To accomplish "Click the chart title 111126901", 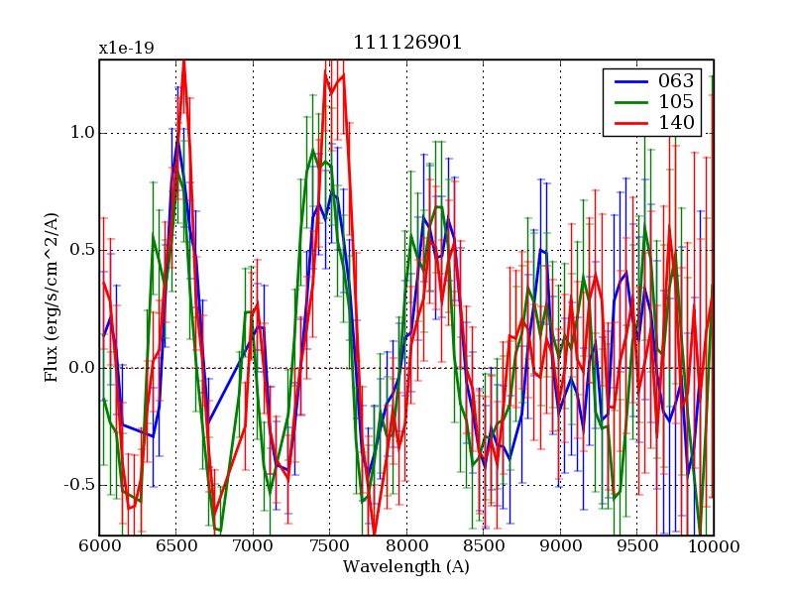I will click(406, 43).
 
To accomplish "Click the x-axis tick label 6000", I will click(99, 547).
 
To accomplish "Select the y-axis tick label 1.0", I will click(80, 133).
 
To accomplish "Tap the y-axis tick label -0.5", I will click(75, 485).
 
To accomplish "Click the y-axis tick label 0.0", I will click(80, 368).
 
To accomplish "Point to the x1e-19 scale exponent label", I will click(126, 48).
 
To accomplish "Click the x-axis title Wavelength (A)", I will click(406, 567).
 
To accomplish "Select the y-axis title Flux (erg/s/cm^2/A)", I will click(52, 297).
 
